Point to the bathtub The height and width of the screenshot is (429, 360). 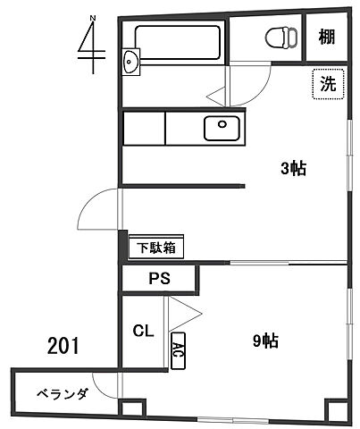[x=177, y=40]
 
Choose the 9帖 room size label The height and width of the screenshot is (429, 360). [x=265, y=340]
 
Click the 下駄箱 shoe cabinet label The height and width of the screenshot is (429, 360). [x=155, y=247]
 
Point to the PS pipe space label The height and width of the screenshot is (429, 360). [x=159, y=280]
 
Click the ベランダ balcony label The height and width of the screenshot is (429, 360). [x=62, y=393]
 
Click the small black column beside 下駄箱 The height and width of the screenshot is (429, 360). [x=122, y=241]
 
